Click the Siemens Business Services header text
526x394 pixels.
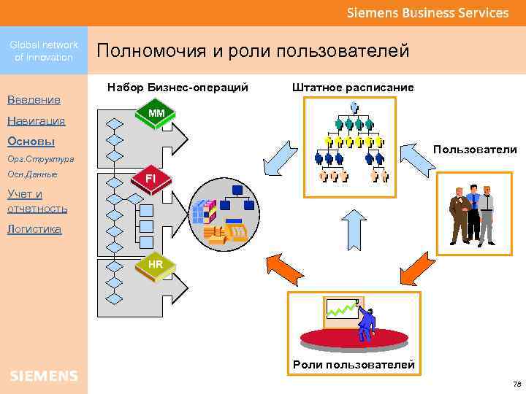tap(427, 12)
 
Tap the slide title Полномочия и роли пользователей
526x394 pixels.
tap(253, 51)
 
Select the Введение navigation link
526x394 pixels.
tap(33, 99)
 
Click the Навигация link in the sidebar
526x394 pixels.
tap(36, 120)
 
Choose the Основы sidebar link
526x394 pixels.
tap(31, 141)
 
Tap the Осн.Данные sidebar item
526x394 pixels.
tap(32, 175)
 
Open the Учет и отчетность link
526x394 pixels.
tap(37, 201)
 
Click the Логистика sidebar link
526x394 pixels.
tap(34, 229)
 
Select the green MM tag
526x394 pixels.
tap(156, 114)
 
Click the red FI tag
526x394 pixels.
tap(150, 179)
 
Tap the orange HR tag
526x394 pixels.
tap(156, 263)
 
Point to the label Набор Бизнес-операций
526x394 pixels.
tap(178, 88)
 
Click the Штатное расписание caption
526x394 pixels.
tap(353, 88)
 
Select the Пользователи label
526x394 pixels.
tap(474, 150)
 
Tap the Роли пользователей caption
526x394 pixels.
tap(354, 364)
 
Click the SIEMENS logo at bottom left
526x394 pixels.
tap(44, 376)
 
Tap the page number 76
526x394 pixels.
tap(517, 385)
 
